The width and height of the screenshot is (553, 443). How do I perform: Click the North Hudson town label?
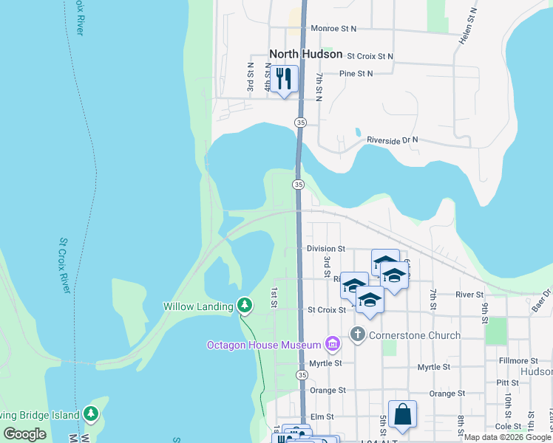coord(305,54)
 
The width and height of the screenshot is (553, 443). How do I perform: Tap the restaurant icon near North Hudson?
coord(284,78)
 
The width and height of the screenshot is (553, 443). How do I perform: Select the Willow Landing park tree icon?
coord(245,305)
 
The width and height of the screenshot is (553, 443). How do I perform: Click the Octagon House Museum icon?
coord(332,344)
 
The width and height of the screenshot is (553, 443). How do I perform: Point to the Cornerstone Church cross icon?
coord(358,334)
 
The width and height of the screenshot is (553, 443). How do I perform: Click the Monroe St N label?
coord(333,28)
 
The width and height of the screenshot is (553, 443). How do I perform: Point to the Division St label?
coord(325,250)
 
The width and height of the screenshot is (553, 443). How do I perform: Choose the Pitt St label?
coord(508,382)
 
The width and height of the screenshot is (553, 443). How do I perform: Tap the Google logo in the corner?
coord(24,434)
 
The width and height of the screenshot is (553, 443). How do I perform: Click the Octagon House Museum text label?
coord(264,345)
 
